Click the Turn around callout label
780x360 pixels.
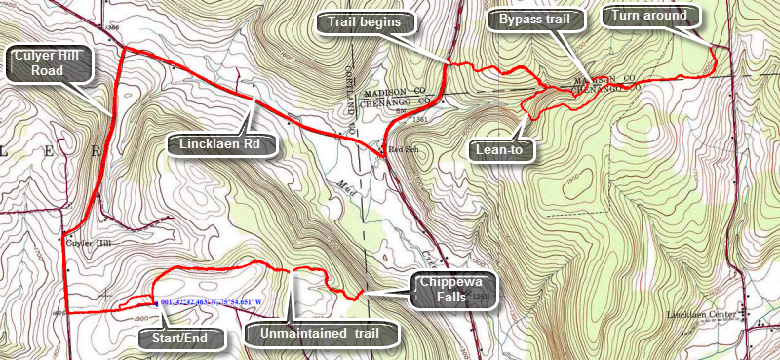click(650, 16)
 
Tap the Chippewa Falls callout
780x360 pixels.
click(451, 291)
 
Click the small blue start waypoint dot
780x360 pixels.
click(156, 303)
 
